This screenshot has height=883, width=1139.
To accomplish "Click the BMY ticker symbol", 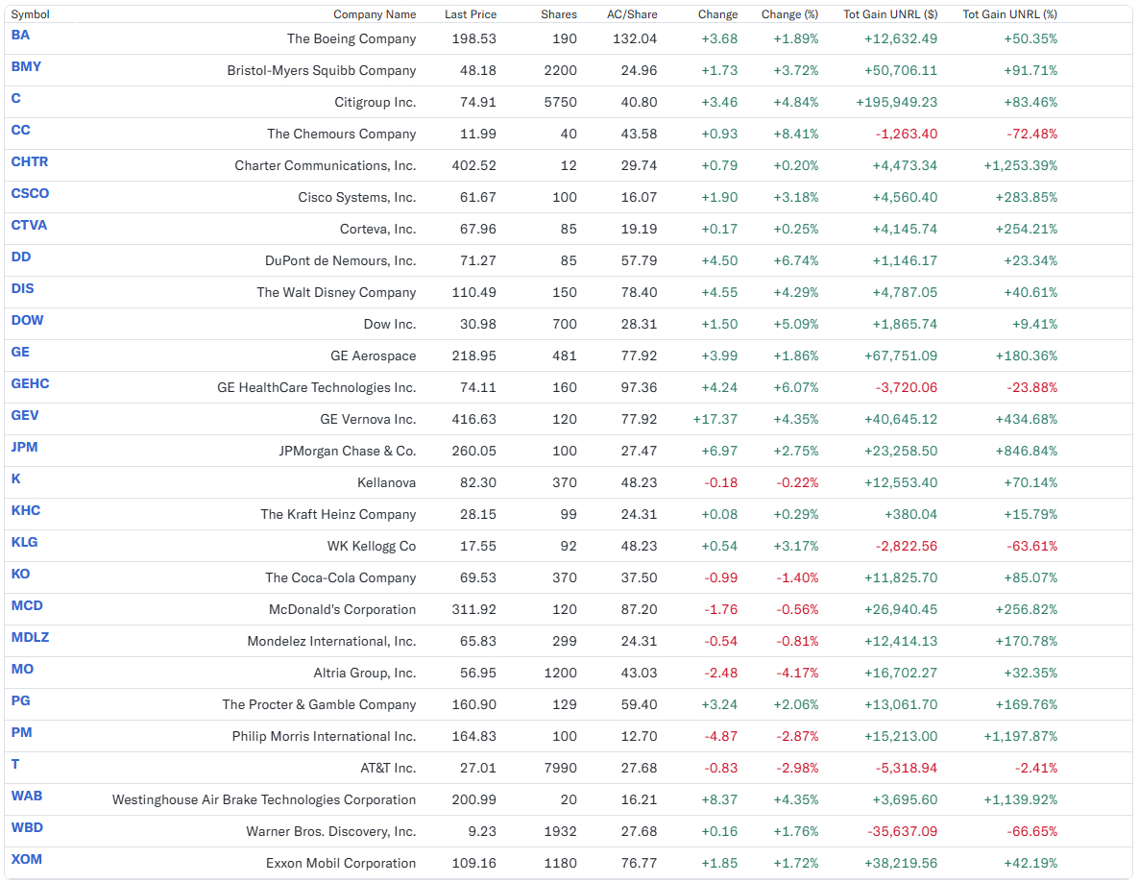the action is [26, 67].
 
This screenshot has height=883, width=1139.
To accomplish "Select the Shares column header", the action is [559, 14].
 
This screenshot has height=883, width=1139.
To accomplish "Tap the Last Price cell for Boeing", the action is [473, 38].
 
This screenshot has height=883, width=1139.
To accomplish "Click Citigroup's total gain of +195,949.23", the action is [896, 103].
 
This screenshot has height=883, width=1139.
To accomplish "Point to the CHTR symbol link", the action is [30, 162].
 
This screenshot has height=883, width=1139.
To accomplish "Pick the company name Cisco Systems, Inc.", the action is [356, 198].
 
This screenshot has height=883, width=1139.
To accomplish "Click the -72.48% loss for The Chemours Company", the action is [1031, 134].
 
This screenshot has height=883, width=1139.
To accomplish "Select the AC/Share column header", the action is [632, 14].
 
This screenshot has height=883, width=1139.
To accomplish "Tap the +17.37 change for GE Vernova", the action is [715, 419].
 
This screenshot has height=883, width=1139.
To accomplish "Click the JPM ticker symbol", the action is [25, 448].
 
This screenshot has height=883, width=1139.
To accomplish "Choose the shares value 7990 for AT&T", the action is [560, 768].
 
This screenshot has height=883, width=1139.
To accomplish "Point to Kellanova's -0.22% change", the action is [798, 482].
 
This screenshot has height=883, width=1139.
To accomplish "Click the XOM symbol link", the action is [27, 860].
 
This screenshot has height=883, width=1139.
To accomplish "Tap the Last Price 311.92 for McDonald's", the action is [473, 610].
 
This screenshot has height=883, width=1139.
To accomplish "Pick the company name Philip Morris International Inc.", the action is [324, 736].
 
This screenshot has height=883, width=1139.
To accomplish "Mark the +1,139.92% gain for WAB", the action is [1021, 800].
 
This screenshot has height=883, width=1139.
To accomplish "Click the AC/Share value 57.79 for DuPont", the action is [639, 261].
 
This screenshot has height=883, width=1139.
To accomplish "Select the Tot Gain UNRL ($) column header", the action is [890, 14].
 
